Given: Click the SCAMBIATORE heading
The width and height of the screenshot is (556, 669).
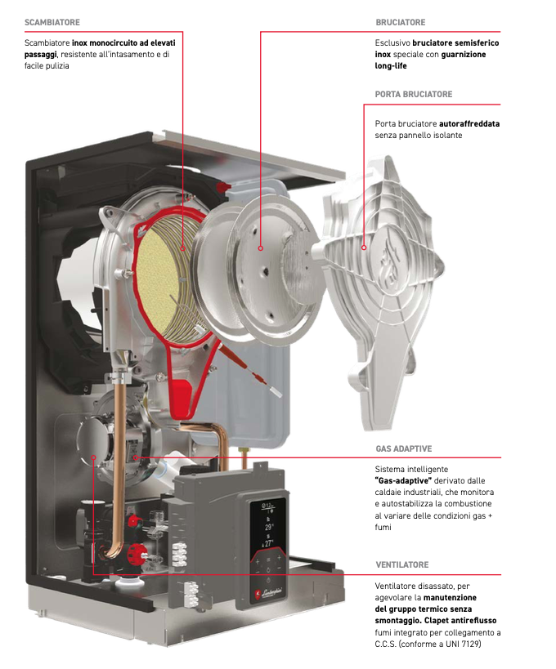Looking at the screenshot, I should point(52,22).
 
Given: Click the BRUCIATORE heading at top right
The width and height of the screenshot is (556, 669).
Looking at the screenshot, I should point(401,22).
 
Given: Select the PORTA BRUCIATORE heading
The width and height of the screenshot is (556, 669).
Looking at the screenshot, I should point(414,95).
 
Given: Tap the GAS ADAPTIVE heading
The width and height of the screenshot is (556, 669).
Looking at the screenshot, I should point(404,449).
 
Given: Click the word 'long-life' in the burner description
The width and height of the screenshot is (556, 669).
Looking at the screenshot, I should point(392,65).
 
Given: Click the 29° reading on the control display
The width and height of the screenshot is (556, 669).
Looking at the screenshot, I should point(268,528).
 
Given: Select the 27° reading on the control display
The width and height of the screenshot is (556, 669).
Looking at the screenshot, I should point(268,543).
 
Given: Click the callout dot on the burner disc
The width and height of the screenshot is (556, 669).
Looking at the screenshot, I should point(260,247).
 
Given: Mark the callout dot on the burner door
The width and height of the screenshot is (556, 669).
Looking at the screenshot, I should point(365,244).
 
